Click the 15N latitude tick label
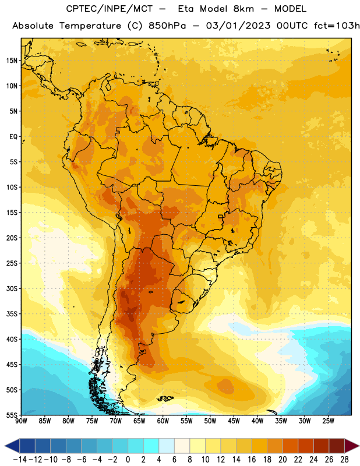tap(12, 61)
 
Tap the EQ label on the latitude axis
tap(13, 137)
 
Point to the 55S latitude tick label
tap(12, 415)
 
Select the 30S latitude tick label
tap(12, 288)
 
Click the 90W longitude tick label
tap(21, 421)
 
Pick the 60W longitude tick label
tap(163, 421)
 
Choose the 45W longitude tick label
tap(234, 421)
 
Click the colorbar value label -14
tap(20, 460)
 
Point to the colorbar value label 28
tap(344, 460)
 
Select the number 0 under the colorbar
tap(128, 460)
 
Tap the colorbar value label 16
tap(252, 460)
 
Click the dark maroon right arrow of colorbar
tap(352, 446)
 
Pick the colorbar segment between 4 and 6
tap(167, 446)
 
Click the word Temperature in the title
tap(90, 26)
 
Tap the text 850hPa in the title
tap(167, 26)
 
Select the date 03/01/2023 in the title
tap(238, 26)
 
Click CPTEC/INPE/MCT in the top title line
tap(110, 9)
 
